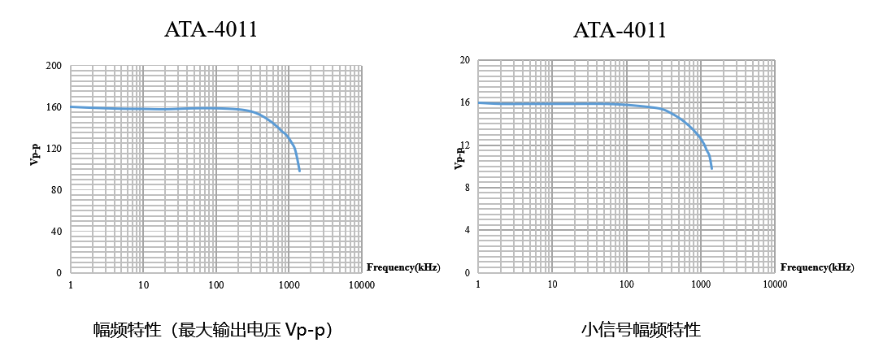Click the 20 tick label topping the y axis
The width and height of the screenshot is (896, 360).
[x=465, y=60]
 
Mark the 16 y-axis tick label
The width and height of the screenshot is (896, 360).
[x=465, y=102]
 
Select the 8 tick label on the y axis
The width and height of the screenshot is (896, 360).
[x=468, y=188]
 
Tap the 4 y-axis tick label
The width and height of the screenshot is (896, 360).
[x=468, y=230]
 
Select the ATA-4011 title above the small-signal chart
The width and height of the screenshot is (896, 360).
[x=620, y=31]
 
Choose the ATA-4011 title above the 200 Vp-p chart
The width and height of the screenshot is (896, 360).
[x=211, y=31]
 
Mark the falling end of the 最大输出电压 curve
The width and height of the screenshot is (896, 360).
[x=299, y=171]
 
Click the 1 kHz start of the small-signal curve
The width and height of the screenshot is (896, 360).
[x=478, y=102]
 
